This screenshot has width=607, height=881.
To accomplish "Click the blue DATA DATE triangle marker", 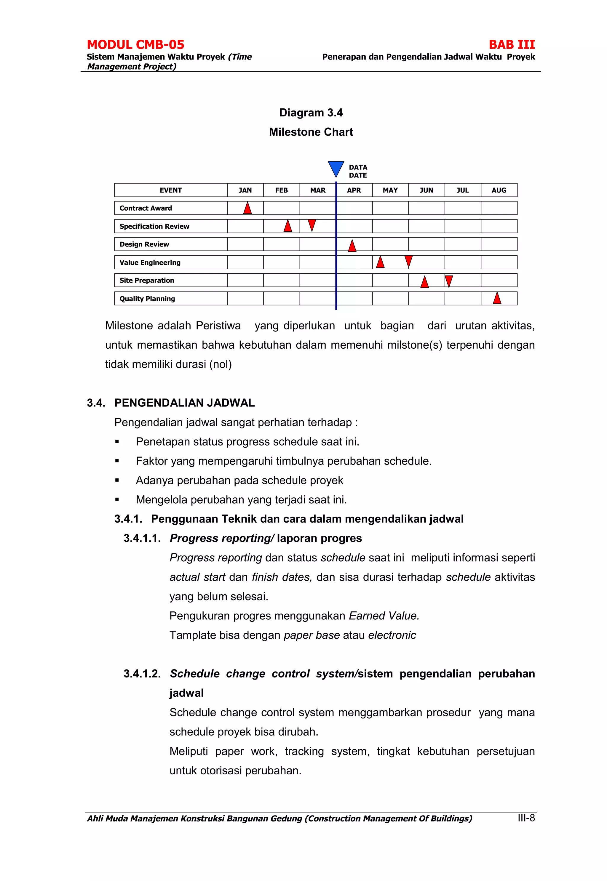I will (x=336, y=168).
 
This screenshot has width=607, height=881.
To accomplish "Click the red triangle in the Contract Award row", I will (x=247, y=208).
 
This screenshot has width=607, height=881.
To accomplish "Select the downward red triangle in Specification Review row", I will (x=312, y=225).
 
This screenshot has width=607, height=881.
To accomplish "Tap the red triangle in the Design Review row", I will (x=352, y=246).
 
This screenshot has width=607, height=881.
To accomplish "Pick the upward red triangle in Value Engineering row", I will (x=380, y=262).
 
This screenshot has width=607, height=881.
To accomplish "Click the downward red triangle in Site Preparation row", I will (x=449, y=281).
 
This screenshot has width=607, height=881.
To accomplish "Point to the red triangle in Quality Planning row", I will (x=497, y=298).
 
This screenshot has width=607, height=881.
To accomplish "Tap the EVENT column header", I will (x=170, y=190).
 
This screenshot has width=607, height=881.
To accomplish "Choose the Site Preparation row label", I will (x=146, y=281).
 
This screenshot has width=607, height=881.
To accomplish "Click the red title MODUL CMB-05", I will (x=135, y=45).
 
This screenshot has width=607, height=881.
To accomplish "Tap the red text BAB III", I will (x=512, y=45).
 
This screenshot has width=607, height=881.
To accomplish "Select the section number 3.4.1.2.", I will (x=142, y=673).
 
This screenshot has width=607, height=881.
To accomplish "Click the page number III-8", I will (x=526, y=818).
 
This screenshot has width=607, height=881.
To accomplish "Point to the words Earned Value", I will (x=384, y=615).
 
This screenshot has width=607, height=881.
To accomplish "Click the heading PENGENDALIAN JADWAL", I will (x=184, y=403).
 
